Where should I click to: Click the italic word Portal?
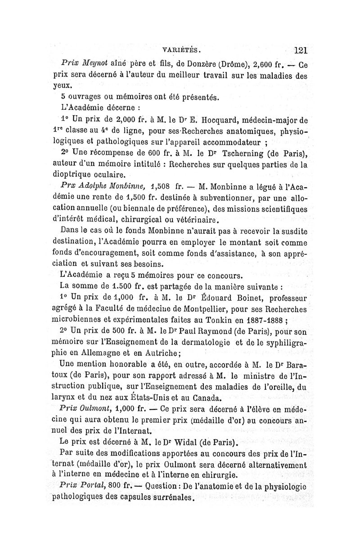(x=93, y=486)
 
